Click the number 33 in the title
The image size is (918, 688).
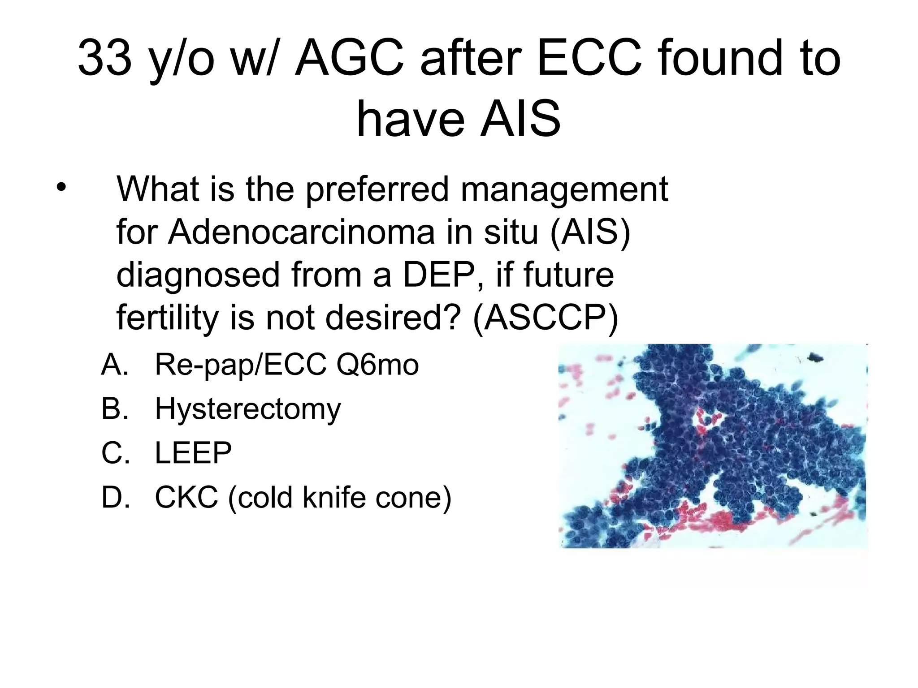coord(105,58)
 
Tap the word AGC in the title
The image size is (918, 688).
coord(350,58)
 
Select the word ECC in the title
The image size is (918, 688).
coord(590,58)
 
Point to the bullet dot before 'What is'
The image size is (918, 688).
coord(61,187)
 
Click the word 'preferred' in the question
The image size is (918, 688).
coord(377,189)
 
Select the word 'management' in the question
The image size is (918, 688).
coord(564,189)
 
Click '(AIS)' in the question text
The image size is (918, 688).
coord(590,232)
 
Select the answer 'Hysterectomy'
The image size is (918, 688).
coord(248,409)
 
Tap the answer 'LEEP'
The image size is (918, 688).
coord(193,453)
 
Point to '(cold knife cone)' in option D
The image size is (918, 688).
coord(339,497)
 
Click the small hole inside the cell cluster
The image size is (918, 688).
coord(708,419)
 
